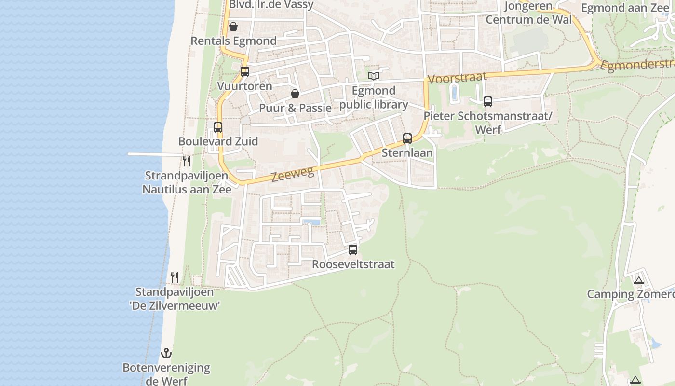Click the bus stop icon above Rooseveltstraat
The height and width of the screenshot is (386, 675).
click(353, 249)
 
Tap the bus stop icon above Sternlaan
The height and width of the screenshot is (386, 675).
click(407, 138)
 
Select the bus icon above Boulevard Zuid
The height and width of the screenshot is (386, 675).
click(218, 127)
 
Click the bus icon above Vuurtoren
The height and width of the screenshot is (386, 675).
click(245, 72)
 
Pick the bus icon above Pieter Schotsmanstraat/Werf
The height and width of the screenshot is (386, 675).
click(488, 102)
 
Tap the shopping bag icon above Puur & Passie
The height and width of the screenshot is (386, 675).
click(295, 94)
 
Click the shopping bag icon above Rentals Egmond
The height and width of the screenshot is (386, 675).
click(233, 27)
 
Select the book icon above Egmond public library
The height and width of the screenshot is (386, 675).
click(374, 76)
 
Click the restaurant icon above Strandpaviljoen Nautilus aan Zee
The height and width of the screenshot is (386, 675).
click(187, 161)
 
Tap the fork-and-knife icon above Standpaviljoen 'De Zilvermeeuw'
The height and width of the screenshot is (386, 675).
click(175, 277)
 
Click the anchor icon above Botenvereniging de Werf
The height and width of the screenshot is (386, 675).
click(166, 353)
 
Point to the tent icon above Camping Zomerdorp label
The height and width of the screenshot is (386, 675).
click(639, 280)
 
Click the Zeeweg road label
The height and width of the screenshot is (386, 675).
click(293, 173)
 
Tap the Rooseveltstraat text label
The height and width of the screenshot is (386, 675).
click(353, 264)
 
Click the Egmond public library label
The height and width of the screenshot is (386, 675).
click(374, 97)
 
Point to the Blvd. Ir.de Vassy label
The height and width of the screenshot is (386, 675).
click(271, 5)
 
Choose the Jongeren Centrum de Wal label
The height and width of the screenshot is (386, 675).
click(528, 13)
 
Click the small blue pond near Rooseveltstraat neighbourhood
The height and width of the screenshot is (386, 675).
click(311, 222)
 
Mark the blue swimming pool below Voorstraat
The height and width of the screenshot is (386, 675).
click(454, 92)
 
